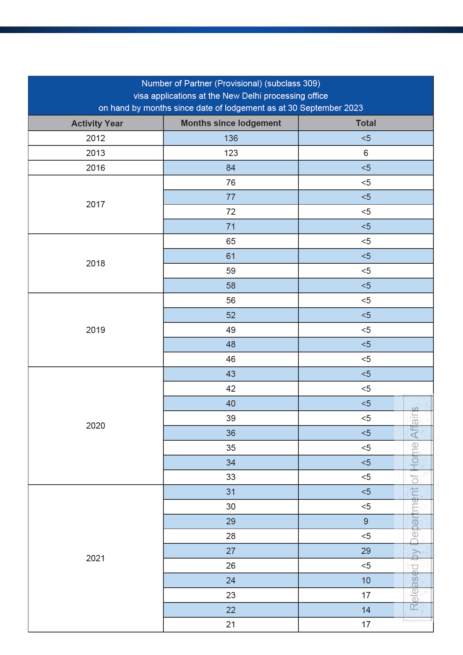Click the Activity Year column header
pyautogui.click(x=97, y=123)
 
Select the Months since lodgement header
pyautogui.click(x=231, y=123)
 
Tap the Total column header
pyautogui.click(x=366, y=123)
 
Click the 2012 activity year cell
pyautogui.click(x=96, y=138)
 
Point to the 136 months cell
pyautogui.click(x=231, y=138)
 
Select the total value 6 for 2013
pyautogui.click(x=366, y=153)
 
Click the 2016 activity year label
pyautogui.click(x=96, y=168)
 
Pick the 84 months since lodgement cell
pyautogui.click(x=231, y=168)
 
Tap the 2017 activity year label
pyautogui.click(x=96, y=204)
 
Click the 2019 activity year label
pyautogui.click(x=96, y=330)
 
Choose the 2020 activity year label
pyautogui.click(x=96, y=426)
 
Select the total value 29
pyautogui.click(x=366, y=551)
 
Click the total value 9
pyautogui.click(x=366, y=521)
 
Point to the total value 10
pyautogui.click(x=366, y=580)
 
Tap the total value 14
pyautogui.click(x=366, y=610)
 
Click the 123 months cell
pyautogui.click(x=231, y=153)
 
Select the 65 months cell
pyautogui.click(x=231, y=241)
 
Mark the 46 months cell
pyautogui.click(x=231, y=359)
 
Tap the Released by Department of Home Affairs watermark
pyautogui.click(x=414, y=508)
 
